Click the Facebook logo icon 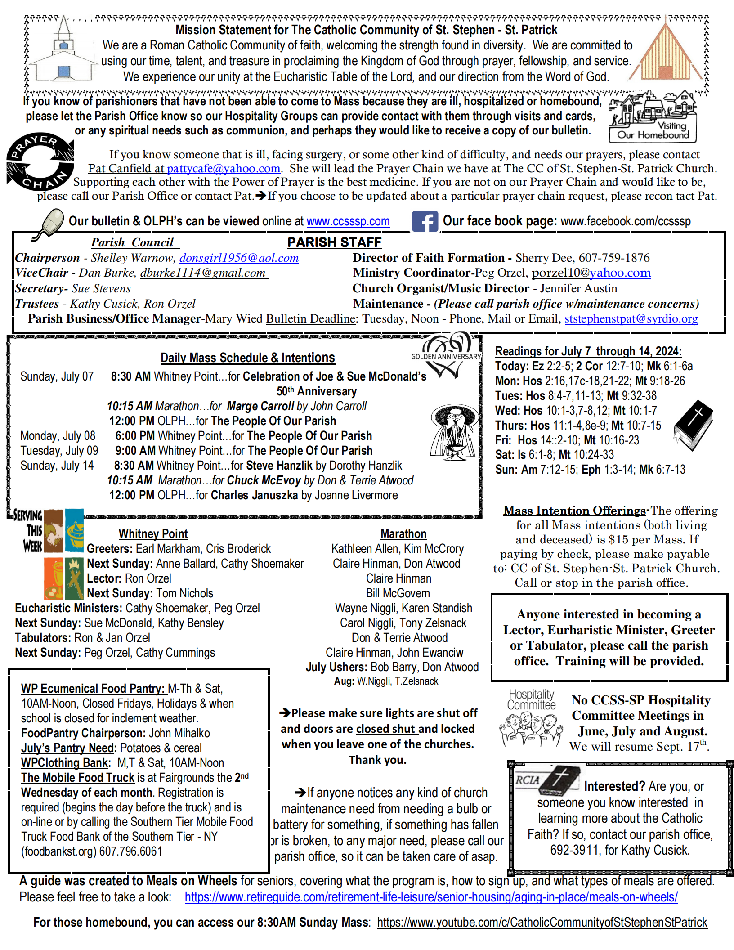425,221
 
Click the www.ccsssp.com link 348,221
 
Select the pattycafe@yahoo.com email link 224,169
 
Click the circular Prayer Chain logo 40,161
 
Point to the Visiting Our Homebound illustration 653,117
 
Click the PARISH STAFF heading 334,242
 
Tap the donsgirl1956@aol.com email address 239,258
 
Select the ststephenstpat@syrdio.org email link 631,318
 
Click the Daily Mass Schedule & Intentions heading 248,358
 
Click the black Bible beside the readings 694,425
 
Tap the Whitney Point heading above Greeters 153,534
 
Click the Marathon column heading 403,534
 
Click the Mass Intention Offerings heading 574,511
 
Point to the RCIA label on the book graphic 528,780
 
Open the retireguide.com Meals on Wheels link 431,897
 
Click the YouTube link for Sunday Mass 542,923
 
